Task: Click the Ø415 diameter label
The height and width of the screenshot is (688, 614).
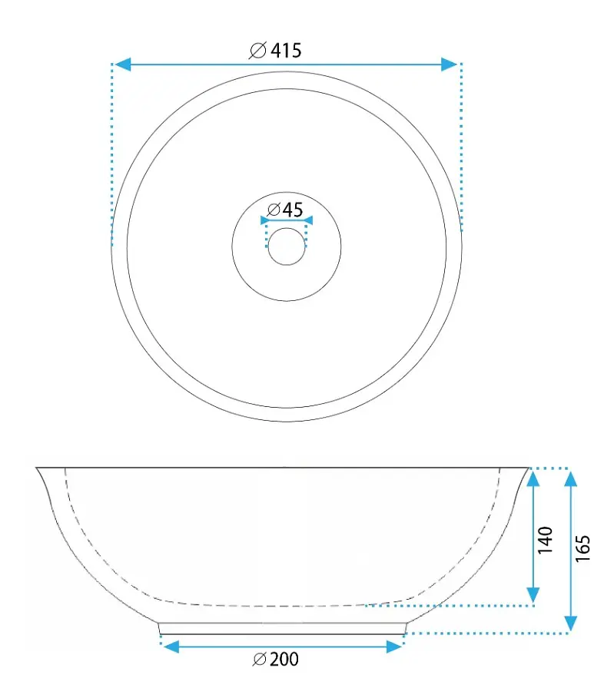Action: pyautogui.click(x=275, y=51)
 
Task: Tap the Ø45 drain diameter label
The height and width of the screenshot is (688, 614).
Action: pyautogui.click(x=285, y=210)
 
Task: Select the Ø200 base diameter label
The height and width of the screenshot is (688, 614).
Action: pyautogui.click(x=276, y=659)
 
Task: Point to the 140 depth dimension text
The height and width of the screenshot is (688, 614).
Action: pyautogui.click(x=545, y=540)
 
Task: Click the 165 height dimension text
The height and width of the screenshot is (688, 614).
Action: pyautogui.click(x=582, y=548)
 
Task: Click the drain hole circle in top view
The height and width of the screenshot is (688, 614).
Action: pyautogui.click(x=287, y=246)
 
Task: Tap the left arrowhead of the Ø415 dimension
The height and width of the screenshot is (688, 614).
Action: pyautogui.click(x=122, y=64)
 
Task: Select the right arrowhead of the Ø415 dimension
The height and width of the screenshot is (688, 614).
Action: pyautogui.click(x=450, y=64)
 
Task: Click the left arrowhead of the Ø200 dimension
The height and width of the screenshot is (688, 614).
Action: pyautogui.click(x=171, y=647)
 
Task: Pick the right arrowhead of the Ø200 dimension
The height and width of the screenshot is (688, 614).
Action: pyautogui.click(x=394, y=647)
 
